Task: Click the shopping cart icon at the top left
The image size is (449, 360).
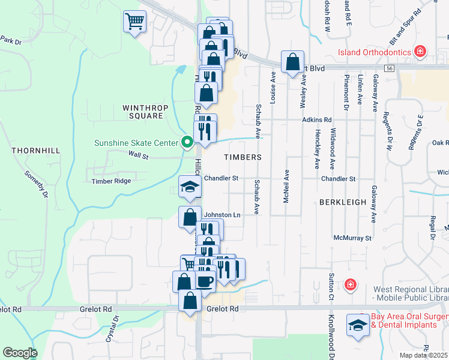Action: (135, 22)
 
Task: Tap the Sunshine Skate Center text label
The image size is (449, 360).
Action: (136, 143)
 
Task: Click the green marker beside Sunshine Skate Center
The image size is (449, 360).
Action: (187, 143)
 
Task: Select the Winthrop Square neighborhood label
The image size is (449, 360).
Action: (143, 112)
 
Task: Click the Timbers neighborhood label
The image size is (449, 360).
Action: (243, 157)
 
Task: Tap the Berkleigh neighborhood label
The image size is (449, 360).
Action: (343, 202)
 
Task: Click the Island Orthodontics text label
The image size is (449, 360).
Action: (375, 52)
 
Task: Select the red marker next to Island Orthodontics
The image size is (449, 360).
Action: (421, 52)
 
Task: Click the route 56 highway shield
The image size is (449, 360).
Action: (390, 69)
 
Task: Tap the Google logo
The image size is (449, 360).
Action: (20, 353)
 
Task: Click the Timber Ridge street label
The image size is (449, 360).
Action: (110, 181)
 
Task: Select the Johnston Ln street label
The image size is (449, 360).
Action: (222, 214)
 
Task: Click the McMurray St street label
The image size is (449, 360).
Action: (353, 238)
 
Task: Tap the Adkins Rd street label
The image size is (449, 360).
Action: (317, 120)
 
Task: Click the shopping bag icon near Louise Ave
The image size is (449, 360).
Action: (292, 61)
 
